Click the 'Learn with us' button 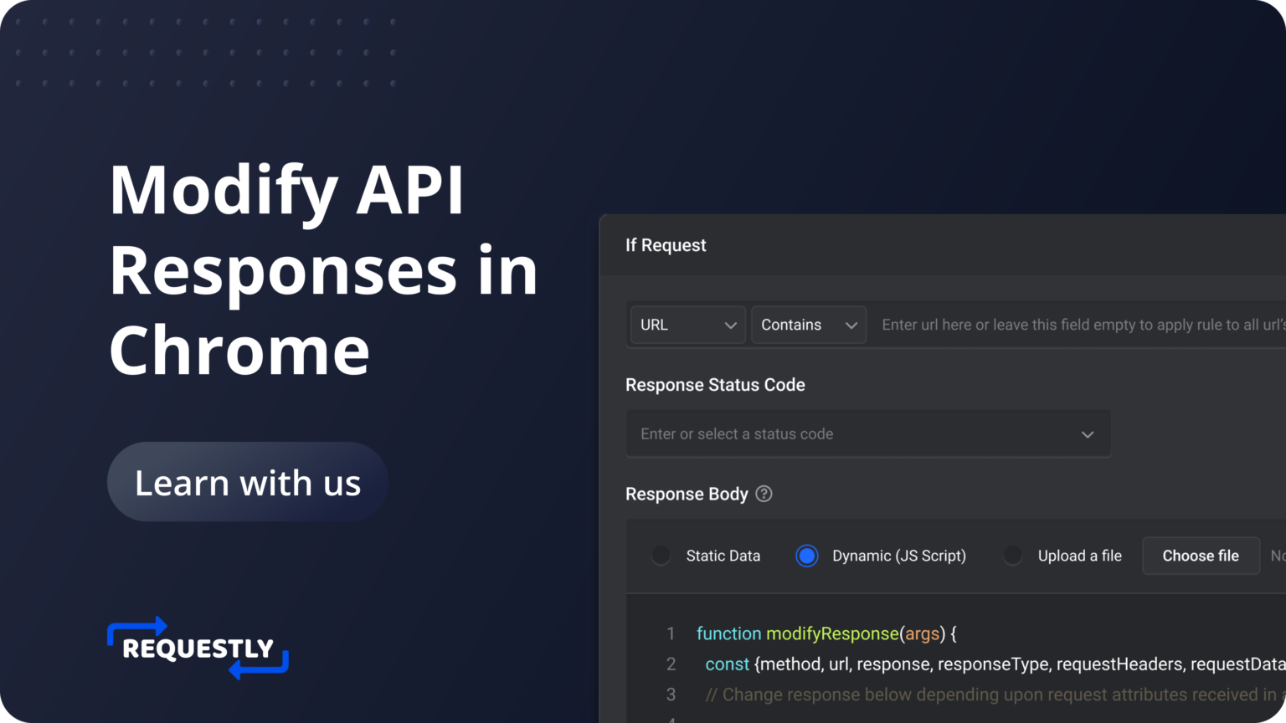[x=248, y=483]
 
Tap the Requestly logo [x=198, y=649]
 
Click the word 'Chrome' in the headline [x=239, y=351]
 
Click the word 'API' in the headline [x=410, y=192]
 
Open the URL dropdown [x=687, y=325]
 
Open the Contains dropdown [x=808, y=325]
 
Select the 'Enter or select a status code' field [x=854, y=434]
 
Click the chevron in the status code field [x=1088, y=434]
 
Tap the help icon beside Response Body [x=764, y=494]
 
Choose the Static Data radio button [x=661, y=556]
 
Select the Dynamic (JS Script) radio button [x=807, y=556]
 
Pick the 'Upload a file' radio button [x=1013, y=556]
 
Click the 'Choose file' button [x=1201, y=556]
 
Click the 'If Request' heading [x=666, y=245]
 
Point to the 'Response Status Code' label [x=715, y=385]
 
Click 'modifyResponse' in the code [x=832, y=633]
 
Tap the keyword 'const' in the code [x=727, y=664]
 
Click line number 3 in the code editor [x=671, y=695]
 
